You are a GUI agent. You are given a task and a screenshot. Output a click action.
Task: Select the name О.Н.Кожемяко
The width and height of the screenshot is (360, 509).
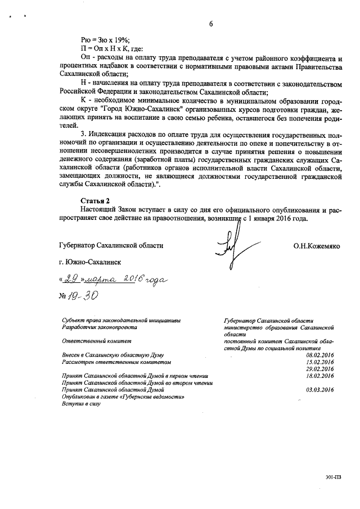tap(317, 246)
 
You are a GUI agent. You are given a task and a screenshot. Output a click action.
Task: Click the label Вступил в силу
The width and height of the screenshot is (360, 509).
tap(80, 403)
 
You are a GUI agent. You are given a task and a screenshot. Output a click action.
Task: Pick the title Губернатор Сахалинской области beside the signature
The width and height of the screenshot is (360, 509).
tap(110, 246)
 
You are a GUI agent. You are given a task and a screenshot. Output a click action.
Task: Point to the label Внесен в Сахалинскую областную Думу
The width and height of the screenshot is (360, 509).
tap(116, 355)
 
